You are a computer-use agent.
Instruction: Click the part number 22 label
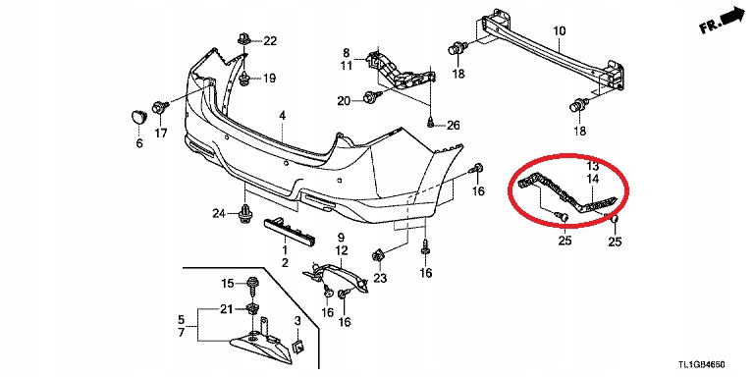pos(270,41)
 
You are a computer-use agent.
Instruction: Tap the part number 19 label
pos(270,78)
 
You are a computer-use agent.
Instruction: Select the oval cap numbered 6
pos(139,118)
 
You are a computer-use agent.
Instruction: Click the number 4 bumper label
pos(283,116)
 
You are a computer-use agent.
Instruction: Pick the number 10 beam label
pos(560,32)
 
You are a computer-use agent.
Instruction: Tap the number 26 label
pos(453,126)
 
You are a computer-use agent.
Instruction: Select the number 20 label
pos(345,101)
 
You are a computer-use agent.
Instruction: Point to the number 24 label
pos(220,212)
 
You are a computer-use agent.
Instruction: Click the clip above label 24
pos(246,214)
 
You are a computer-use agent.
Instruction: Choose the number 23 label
pos(380,278)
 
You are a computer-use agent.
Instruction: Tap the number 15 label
pos(227,283)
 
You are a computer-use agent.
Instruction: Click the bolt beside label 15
pos(251,286)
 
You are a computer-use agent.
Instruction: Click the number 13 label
pos(593,166)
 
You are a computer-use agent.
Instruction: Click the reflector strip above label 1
pos(289,231)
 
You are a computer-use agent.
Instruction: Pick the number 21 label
pos(227,308)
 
